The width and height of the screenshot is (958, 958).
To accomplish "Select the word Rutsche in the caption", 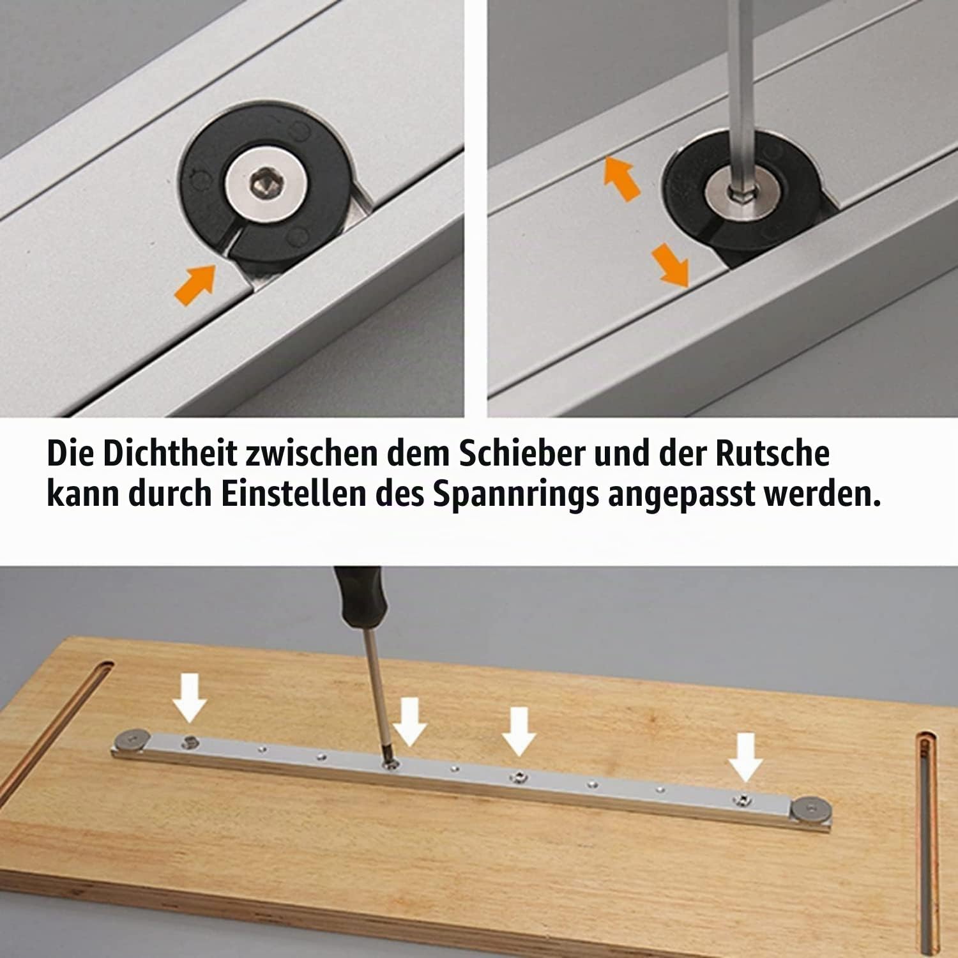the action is (772, 453).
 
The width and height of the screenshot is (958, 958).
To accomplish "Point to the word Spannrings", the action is (516, 496).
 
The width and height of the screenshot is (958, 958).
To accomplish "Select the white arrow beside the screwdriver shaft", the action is (409, 722).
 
